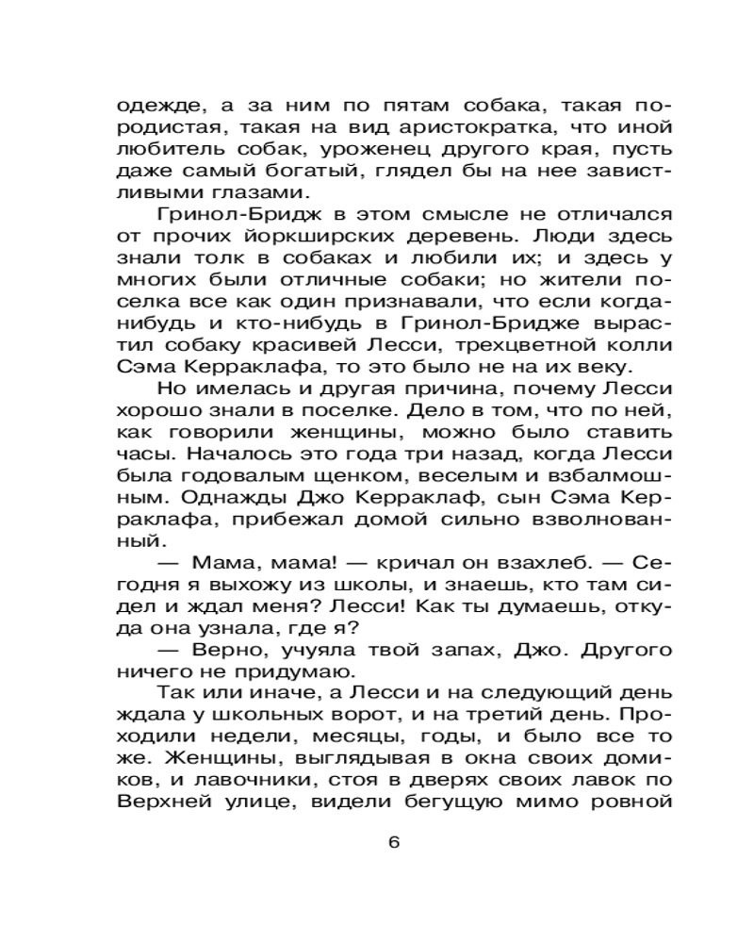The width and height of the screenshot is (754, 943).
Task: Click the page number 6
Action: tap(393, 842)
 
